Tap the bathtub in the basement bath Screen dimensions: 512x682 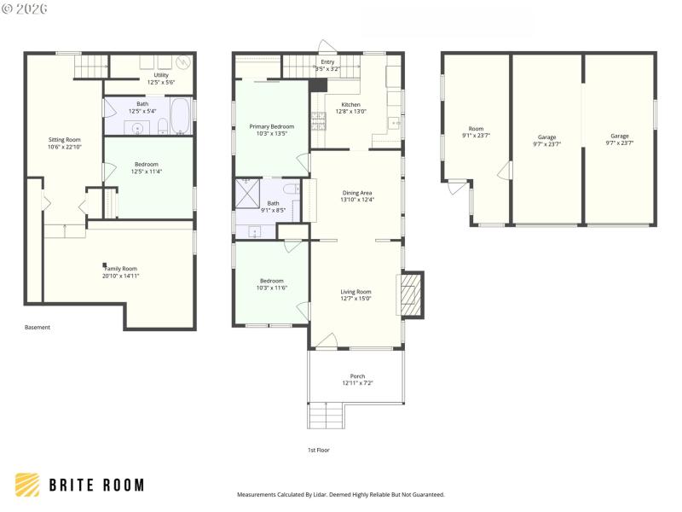(x=182, y=117)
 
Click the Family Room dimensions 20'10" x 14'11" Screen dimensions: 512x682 (x=120, y=276)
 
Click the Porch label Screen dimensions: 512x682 (x=357, y=375)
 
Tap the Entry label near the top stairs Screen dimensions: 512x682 (x=327, y=62)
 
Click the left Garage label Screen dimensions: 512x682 (x=546, y=137)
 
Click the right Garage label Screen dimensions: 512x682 (x=620, y=136)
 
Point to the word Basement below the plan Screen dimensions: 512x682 (x=38, y=327)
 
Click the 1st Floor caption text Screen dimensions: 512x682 (x=318, y=450)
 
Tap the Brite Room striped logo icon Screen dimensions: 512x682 (x=27, y=485)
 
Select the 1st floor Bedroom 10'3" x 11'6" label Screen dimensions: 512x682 (x=272, y=281)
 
